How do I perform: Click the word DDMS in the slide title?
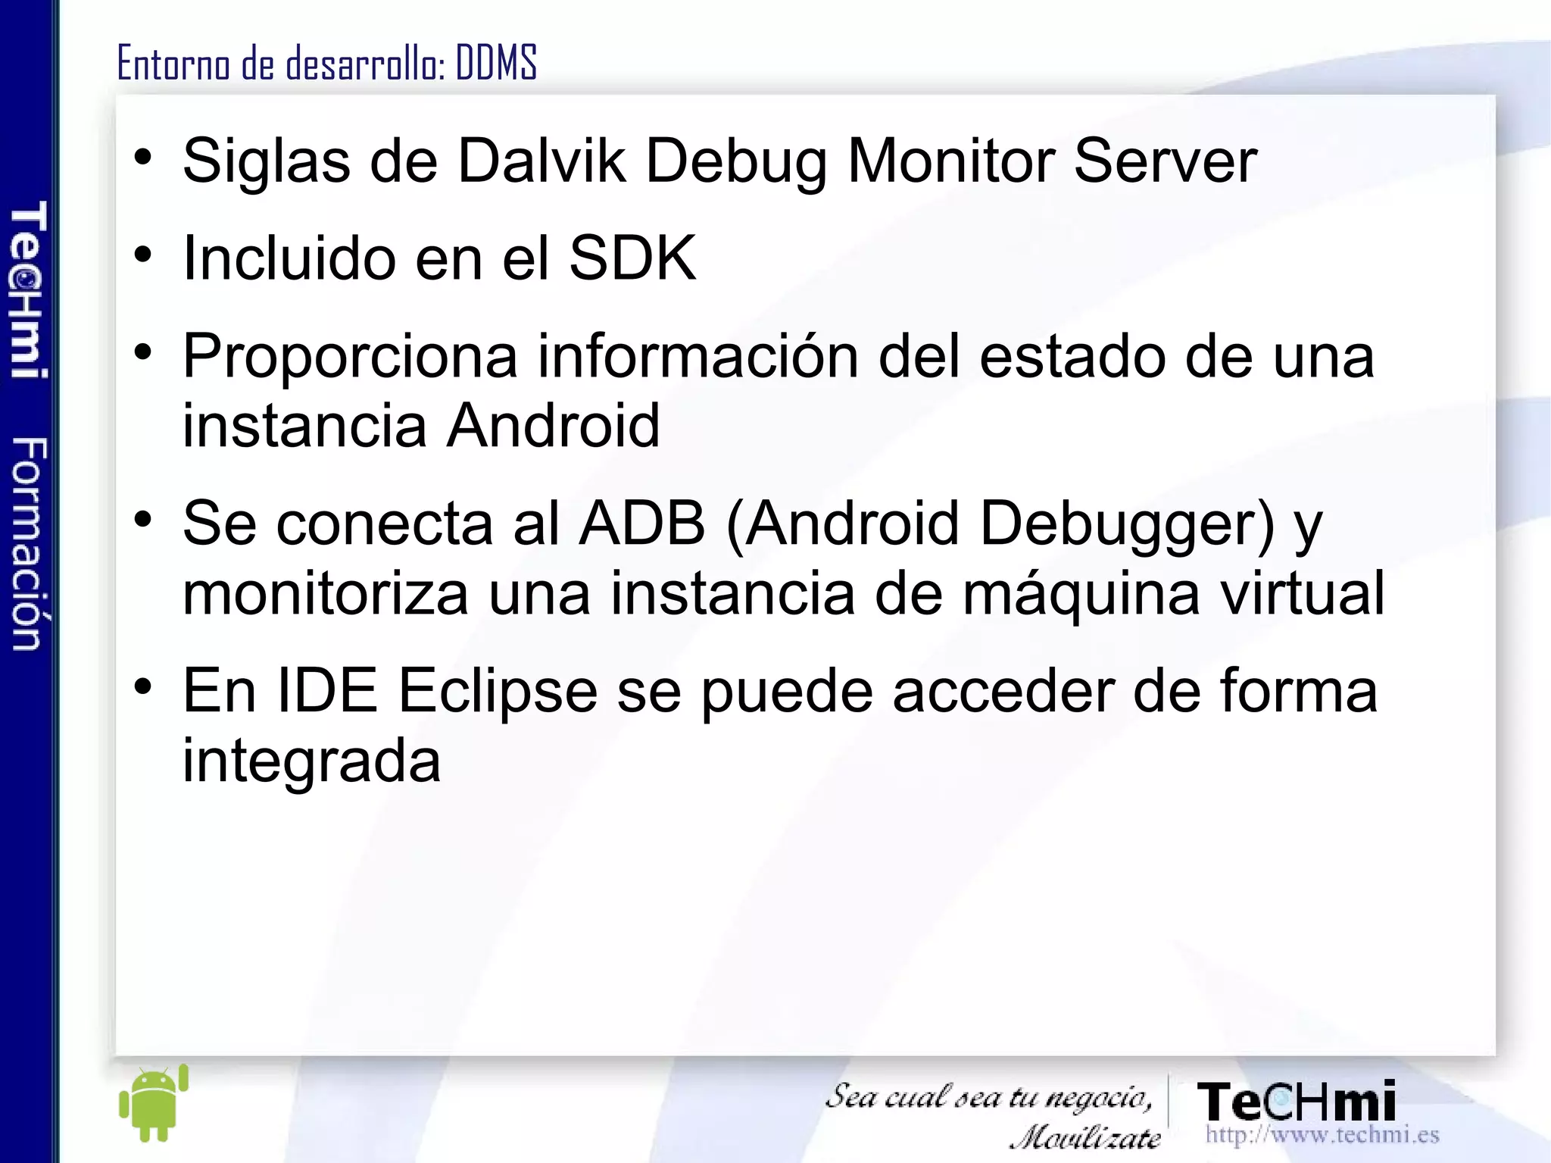(x=496, y=63)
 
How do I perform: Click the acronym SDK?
(x=632, y=258)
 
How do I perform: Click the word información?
(x=697, y=356)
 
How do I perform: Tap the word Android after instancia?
(x=553, y=425)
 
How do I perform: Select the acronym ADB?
(x=641, y=524)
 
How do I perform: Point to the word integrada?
(x=311, y=762)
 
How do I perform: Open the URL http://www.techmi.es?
(x=1322, y=1135)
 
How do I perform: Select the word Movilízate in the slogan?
(x=1086, y=1136)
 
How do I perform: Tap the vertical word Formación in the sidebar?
(x=29, y=543)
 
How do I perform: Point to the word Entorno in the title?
(x=173, y=63)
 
